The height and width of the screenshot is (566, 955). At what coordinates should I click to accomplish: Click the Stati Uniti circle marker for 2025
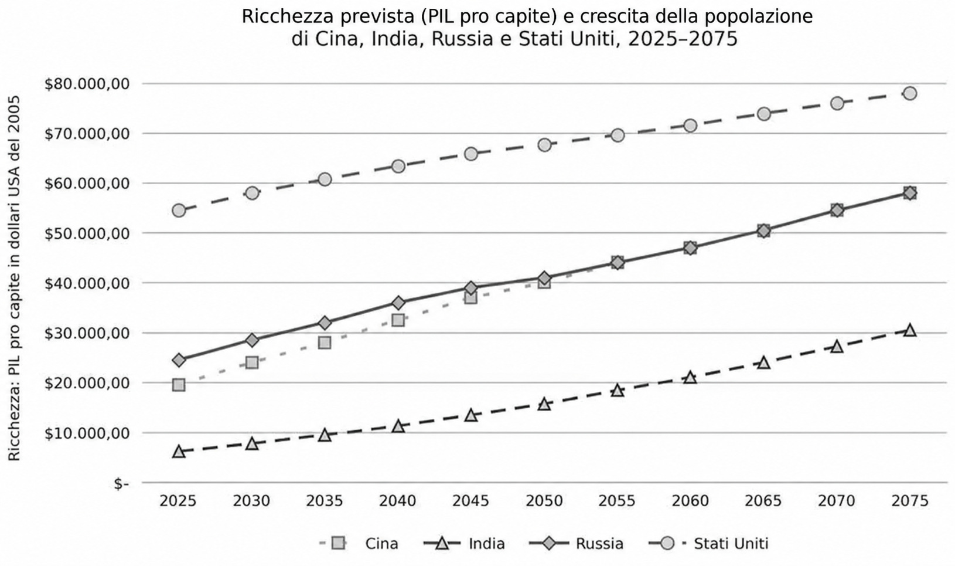pos(179,211)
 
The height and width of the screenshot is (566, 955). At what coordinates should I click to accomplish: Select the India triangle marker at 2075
pos(910,330)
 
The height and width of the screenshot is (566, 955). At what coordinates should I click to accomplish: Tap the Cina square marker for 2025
pos(179,385)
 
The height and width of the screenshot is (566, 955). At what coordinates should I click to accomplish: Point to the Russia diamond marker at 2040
pos(398,303)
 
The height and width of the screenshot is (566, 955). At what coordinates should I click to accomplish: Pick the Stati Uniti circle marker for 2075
pos(910,93)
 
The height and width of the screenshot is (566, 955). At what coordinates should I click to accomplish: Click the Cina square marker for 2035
pos(325,343)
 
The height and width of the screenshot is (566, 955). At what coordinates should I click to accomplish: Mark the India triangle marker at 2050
pos(544,404)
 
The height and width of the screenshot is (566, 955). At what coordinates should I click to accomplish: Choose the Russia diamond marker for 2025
pos(179,360)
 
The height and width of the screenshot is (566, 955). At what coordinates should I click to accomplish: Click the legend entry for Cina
pos(359,544)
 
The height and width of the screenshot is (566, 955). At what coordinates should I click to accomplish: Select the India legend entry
pos(465,544)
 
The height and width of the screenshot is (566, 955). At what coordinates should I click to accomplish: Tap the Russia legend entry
pos(576,544)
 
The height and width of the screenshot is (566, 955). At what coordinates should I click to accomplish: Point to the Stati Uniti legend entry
pos(708,544)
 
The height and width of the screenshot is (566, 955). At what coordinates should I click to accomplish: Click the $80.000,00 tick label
pos(87,84)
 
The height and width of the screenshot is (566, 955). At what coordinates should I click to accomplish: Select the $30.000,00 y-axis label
pos(87,333)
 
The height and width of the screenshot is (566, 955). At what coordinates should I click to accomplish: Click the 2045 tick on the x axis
pos(470,501)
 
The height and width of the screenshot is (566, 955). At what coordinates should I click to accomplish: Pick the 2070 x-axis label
pos(837,501)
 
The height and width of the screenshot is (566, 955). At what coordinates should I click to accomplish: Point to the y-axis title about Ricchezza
pos(14,278)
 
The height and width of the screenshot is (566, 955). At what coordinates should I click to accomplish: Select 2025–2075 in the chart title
pos(683,39)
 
